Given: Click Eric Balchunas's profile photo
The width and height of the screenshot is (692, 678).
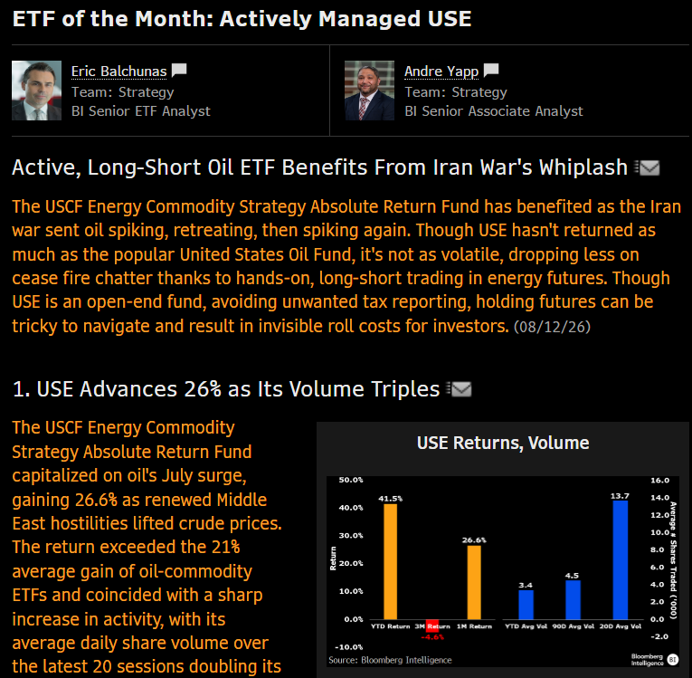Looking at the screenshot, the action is (x=36, y=91).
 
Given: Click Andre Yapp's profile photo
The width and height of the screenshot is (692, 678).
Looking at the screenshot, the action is (x=369, y=91).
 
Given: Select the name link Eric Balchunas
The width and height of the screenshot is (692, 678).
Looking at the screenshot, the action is (x=119, y=72).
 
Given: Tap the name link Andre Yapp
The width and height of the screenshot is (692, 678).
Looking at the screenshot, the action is (x=441, y=72).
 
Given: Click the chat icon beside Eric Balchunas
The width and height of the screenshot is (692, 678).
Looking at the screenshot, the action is (x=179, y=71).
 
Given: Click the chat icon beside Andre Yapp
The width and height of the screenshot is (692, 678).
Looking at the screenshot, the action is (x=491, y=71).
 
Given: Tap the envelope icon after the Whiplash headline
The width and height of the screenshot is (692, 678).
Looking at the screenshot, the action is (x=648, y=167).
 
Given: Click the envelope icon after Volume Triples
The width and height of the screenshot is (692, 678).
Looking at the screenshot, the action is (x=459, y=389).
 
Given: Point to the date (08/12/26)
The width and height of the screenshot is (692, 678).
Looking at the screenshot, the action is (x=552, y=327).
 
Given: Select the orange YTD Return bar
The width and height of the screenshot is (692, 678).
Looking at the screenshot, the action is (x=390, y=561).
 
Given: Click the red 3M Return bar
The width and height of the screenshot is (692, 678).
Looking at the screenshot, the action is (x=432, y=625).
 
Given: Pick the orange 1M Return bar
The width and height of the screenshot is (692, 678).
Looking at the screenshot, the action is (x=474, y=582).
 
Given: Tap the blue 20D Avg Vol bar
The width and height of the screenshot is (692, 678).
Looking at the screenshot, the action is (x=621, y=559).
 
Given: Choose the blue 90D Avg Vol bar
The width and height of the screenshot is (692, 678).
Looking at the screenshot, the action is (x=573, y=599).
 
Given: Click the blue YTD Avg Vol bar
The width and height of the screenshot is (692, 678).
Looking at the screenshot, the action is (x=526, y=605).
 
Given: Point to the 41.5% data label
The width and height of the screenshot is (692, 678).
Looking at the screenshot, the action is (x=390, y=499).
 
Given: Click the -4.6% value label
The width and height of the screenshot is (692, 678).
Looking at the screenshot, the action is (x=432, y=637).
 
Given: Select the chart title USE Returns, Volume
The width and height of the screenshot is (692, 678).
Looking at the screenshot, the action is (x=503, y=443).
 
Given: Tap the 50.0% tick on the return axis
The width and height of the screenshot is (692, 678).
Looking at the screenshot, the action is (x=351, y=480).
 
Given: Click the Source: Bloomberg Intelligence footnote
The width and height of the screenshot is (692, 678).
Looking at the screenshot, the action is (x=390, y=660).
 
